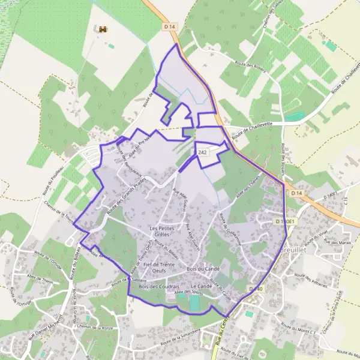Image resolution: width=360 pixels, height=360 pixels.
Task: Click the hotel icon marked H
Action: pos(103,29)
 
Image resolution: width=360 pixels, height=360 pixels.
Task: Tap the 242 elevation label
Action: pos(203,154)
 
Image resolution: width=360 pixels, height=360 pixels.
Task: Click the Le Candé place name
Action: pos(202,287)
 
